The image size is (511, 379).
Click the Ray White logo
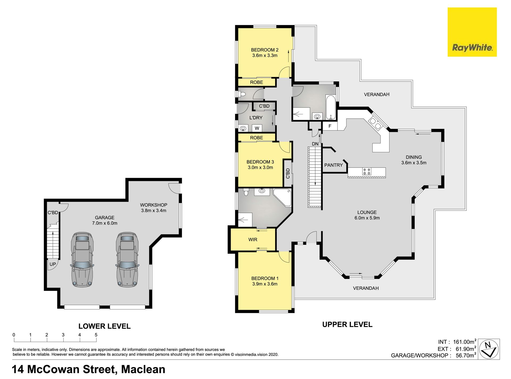[x=472, y=32]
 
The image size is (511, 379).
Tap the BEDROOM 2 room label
[x=265, y=50]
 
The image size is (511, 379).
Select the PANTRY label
[x=333, y=165]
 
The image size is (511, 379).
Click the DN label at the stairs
[x=315, y=144]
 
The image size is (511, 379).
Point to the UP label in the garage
[x=53, y=264]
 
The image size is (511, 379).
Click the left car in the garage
[x=82, y=259]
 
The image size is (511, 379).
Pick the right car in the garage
[x=127, y=259]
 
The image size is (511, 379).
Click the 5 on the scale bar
[x=96, y=335]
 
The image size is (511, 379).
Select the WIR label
[x=253, y=240]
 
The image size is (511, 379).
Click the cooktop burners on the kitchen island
[x=366, y=171]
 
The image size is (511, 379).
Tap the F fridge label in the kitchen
[x=330, y=126]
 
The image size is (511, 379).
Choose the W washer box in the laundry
[x=257, y=128]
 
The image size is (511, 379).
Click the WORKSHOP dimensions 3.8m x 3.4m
[x=154, y=211]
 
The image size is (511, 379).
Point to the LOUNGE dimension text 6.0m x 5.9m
[x=367, y=218]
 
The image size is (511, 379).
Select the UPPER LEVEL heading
[x=347, y=324]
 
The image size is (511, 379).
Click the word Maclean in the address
[x=143, y=369]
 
